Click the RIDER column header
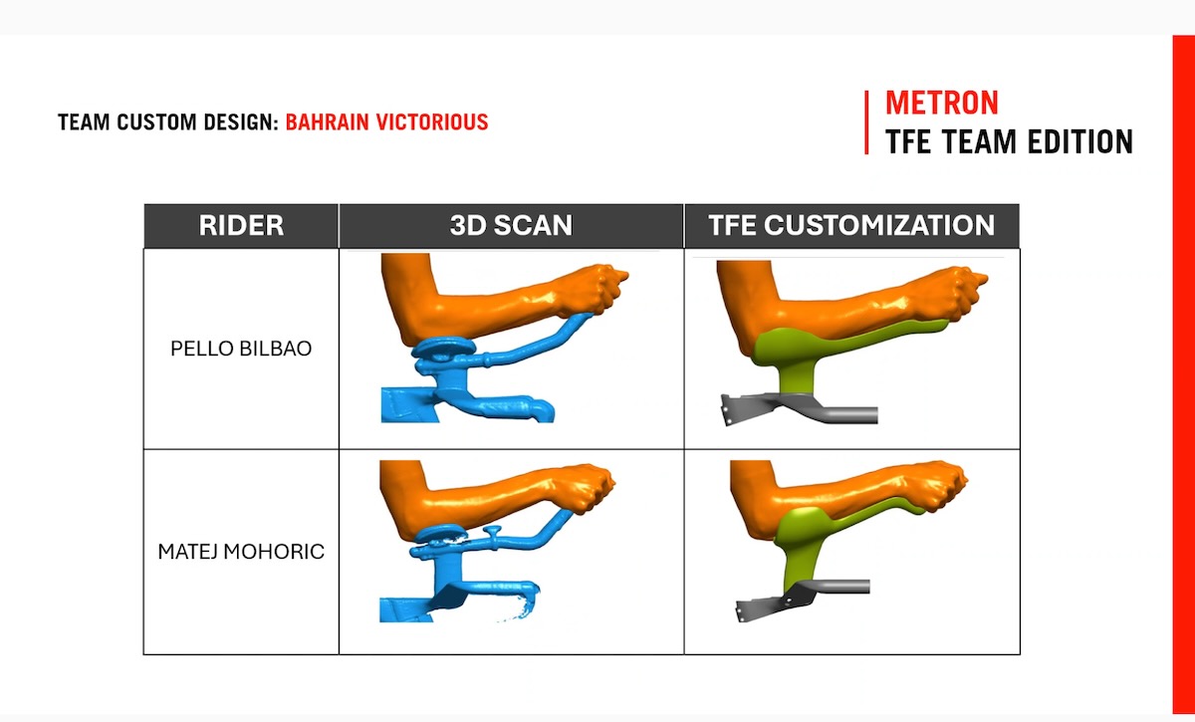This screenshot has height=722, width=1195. (x=241, y=225)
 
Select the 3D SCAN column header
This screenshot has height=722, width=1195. (x=511, y=225)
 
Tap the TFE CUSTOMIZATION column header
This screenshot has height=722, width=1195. (x=851, y=225)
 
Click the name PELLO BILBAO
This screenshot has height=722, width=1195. (x=241, y=349)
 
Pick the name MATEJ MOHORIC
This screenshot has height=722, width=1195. (x=241, y=552)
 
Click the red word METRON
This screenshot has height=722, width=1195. (x=942, y=103)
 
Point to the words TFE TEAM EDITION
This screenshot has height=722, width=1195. (x=1009, y=141)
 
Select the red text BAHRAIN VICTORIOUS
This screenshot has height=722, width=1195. (x=386, y=122)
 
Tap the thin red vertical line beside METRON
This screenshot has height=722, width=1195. (x=867, y=122)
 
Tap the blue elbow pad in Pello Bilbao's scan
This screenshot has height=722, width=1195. (x=444, y=348)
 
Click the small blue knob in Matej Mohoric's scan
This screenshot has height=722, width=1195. (x=492, y=535)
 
